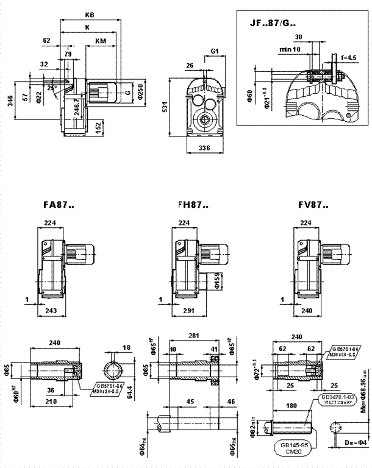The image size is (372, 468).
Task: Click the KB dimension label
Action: click(x=90, y=14)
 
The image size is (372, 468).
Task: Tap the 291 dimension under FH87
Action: click(x=183, y=311)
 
